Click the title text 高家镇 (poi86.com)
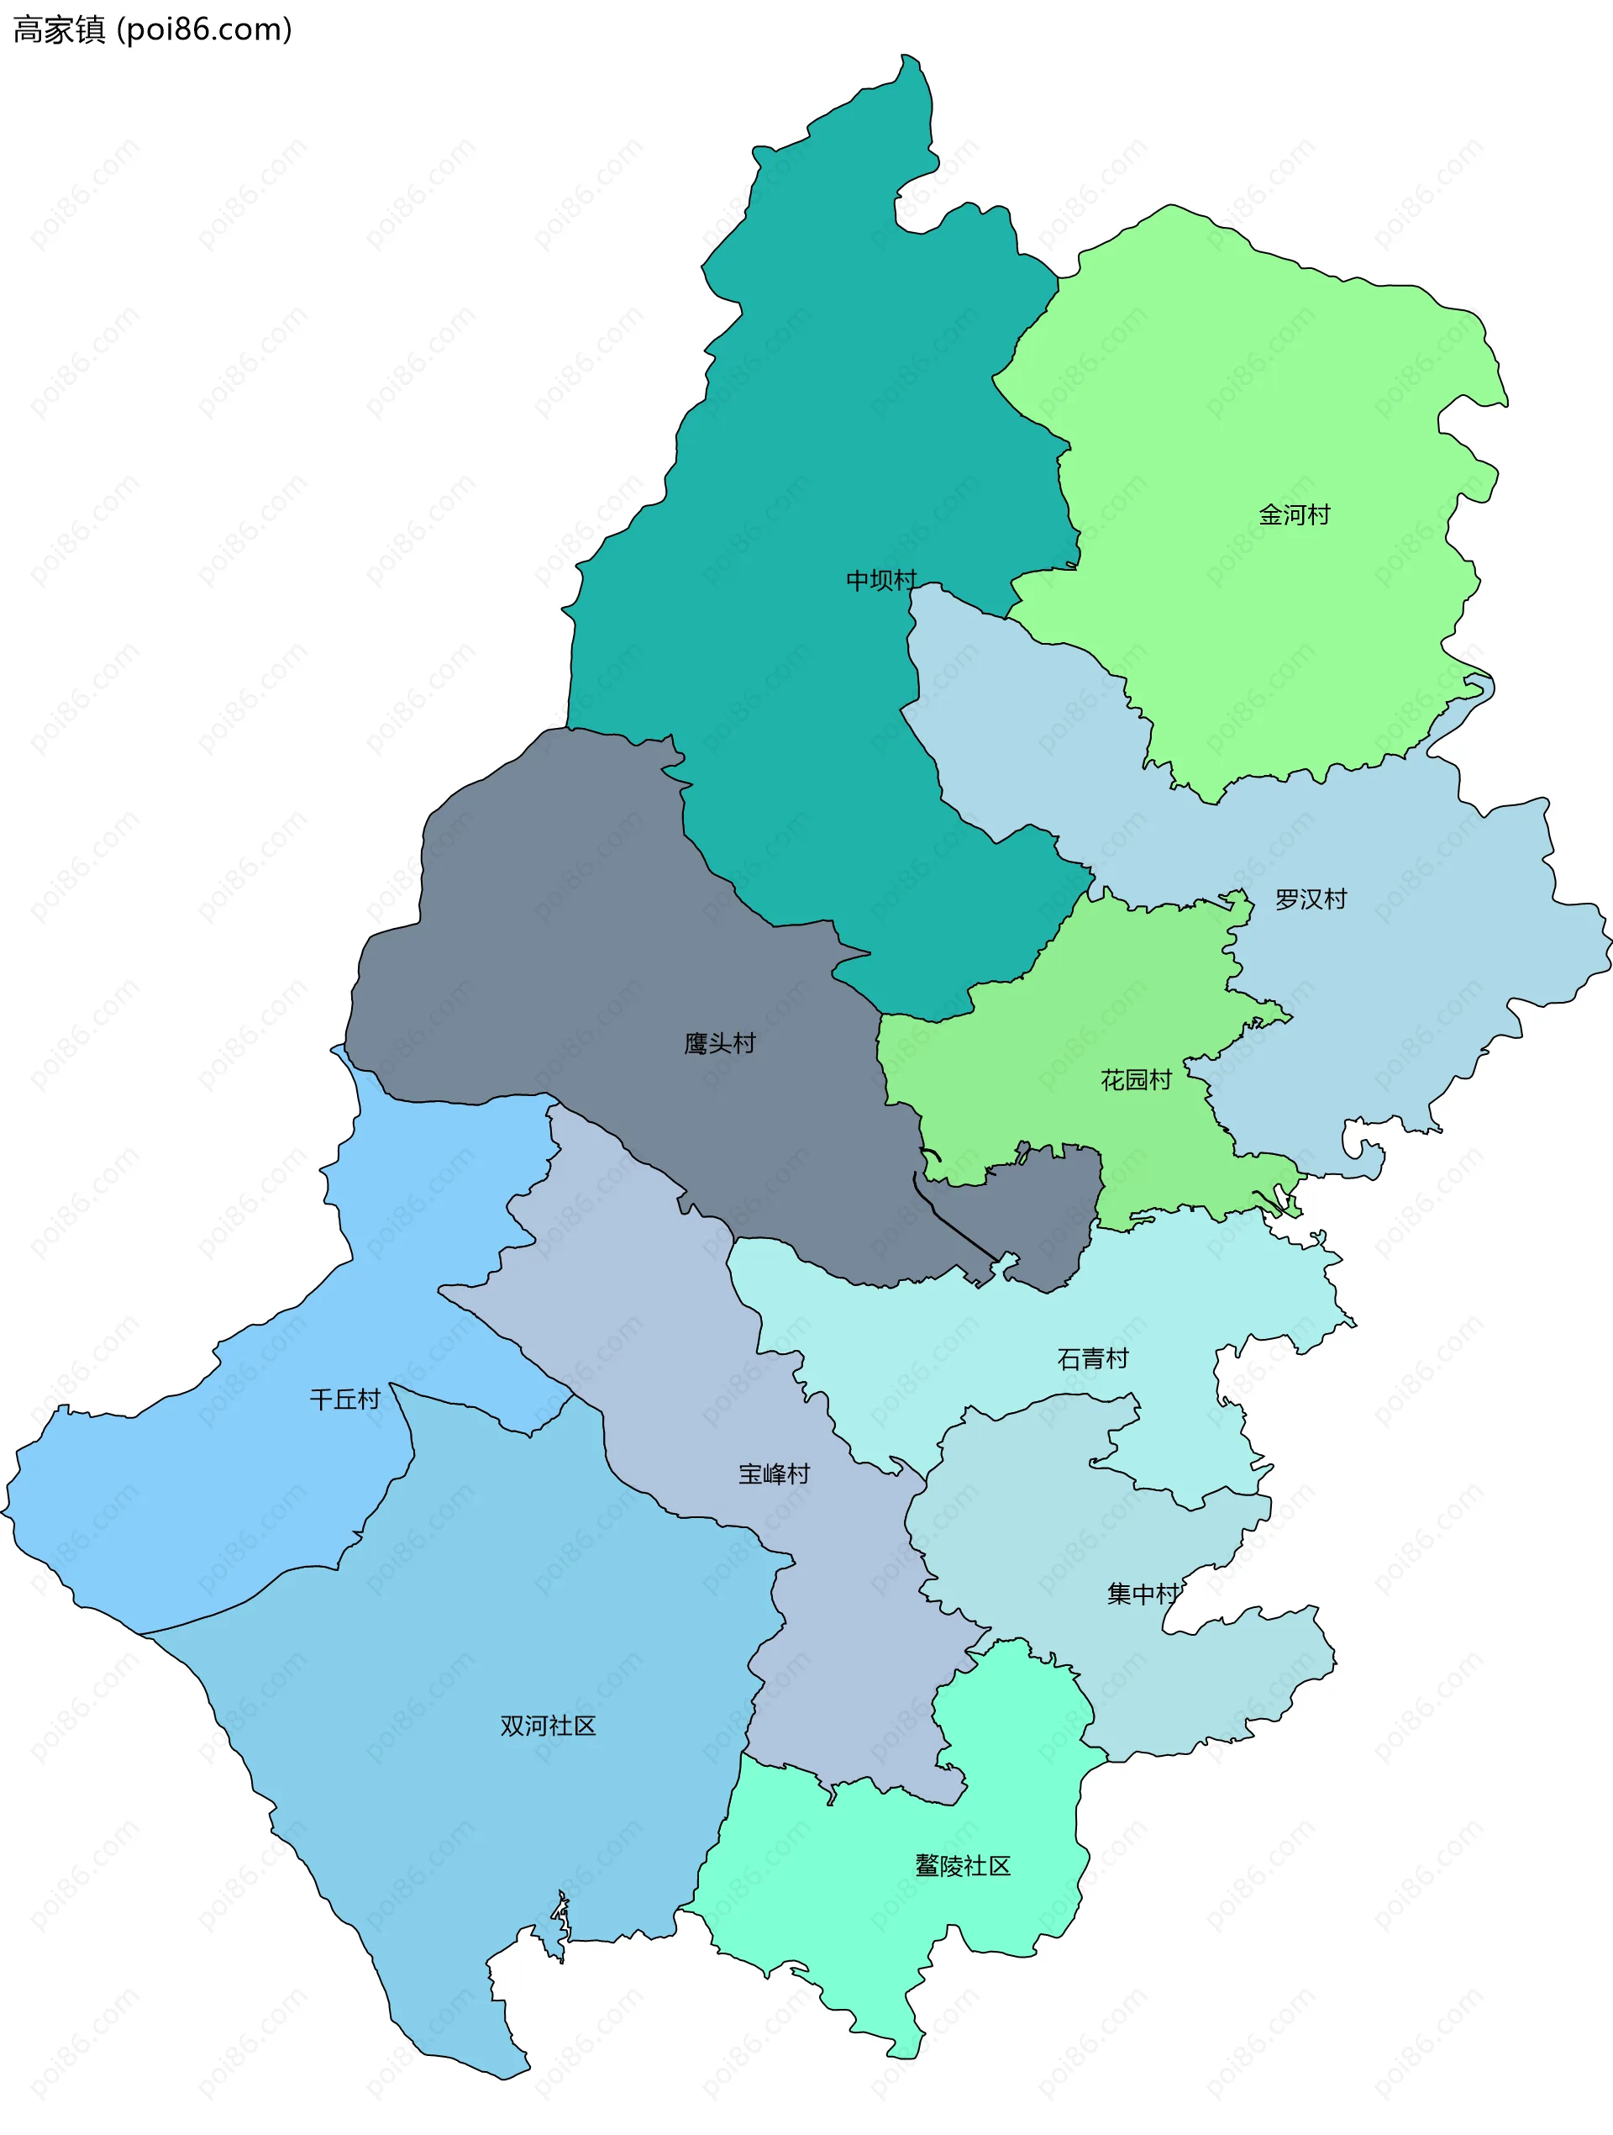click(152, 30)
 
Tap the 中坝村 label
click(880, 580)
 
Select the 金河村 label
click(1294, 515)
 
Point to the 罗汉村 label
click(1310, 899)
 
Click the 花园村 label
click(1136, 1080)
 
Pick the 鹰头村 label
click(720, 1043)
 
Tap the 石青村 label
click(1092, 1359)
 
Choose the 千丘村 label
click(344, 1400)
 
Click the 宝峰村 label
click(774, 1473)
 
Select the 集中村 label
click(1143, 1594)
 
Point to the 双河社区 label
click(548, 1726)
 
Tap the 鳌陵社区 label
click(963, 1866)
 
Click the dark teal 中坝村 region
click(820, 435)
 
